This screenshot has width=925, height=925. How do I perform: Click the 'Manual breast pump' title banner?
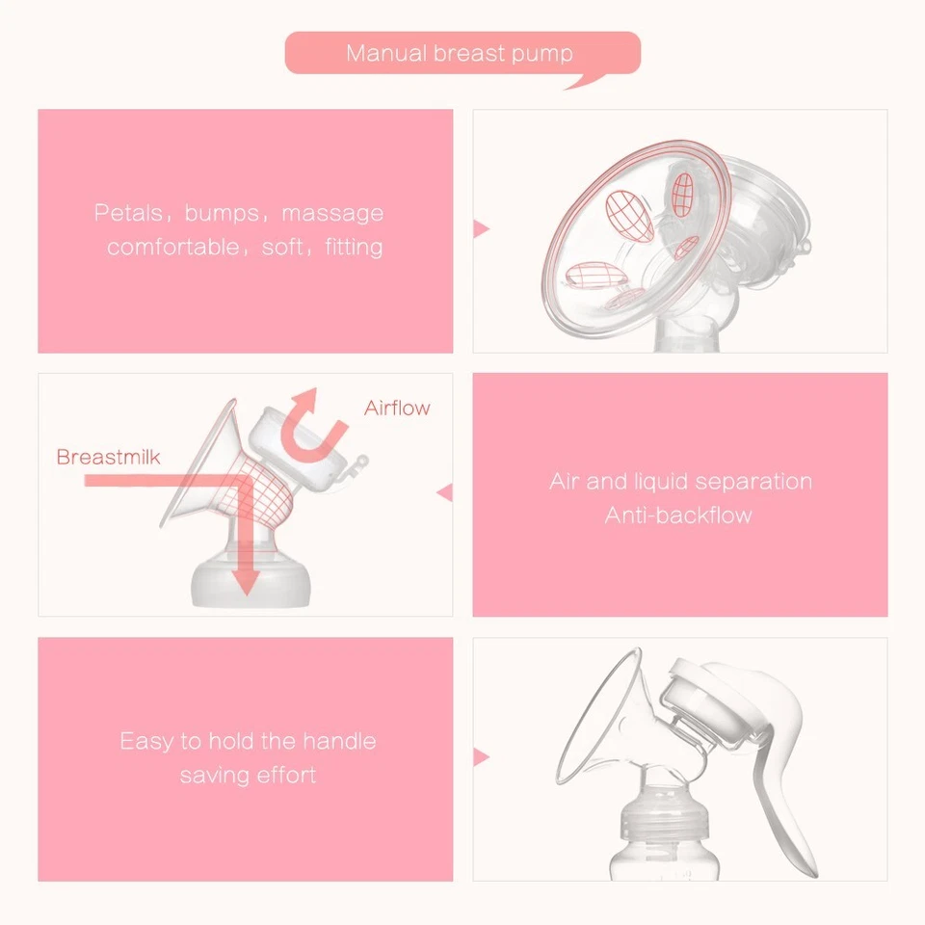pyautogui.click(x=461, y=53)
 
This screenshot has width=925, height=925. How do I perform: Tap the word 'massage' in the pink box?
pyautogui.click(x=332, y=213)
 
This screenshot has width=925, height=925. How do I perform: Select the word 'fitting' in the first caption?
pyautogui.click(x=354, y=247)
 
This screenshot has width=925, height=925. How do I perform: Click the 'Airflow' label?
pyautogui.click(x=397, y=408)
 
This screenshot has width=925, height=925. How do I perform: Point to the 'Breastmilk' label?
pyautogui.click(x=108, y=457)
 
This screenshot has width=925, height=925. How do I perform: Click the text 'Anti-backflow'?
pyautogui.click(x=678, y=515)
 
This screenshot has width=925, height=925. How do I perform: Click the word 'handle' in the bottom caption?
pyautogui.click(x=339, y=741)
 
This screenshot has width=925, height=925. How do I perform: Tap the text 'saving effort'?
pyautogui.click(x=248, y=775)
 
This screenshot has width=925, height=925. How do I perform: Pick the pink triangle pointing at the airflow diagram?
pyautogui.click(x=444, y=492)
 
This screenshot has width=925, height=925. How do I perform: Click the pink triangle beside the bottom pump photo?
pyautogui.click(x=482, y=758)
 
